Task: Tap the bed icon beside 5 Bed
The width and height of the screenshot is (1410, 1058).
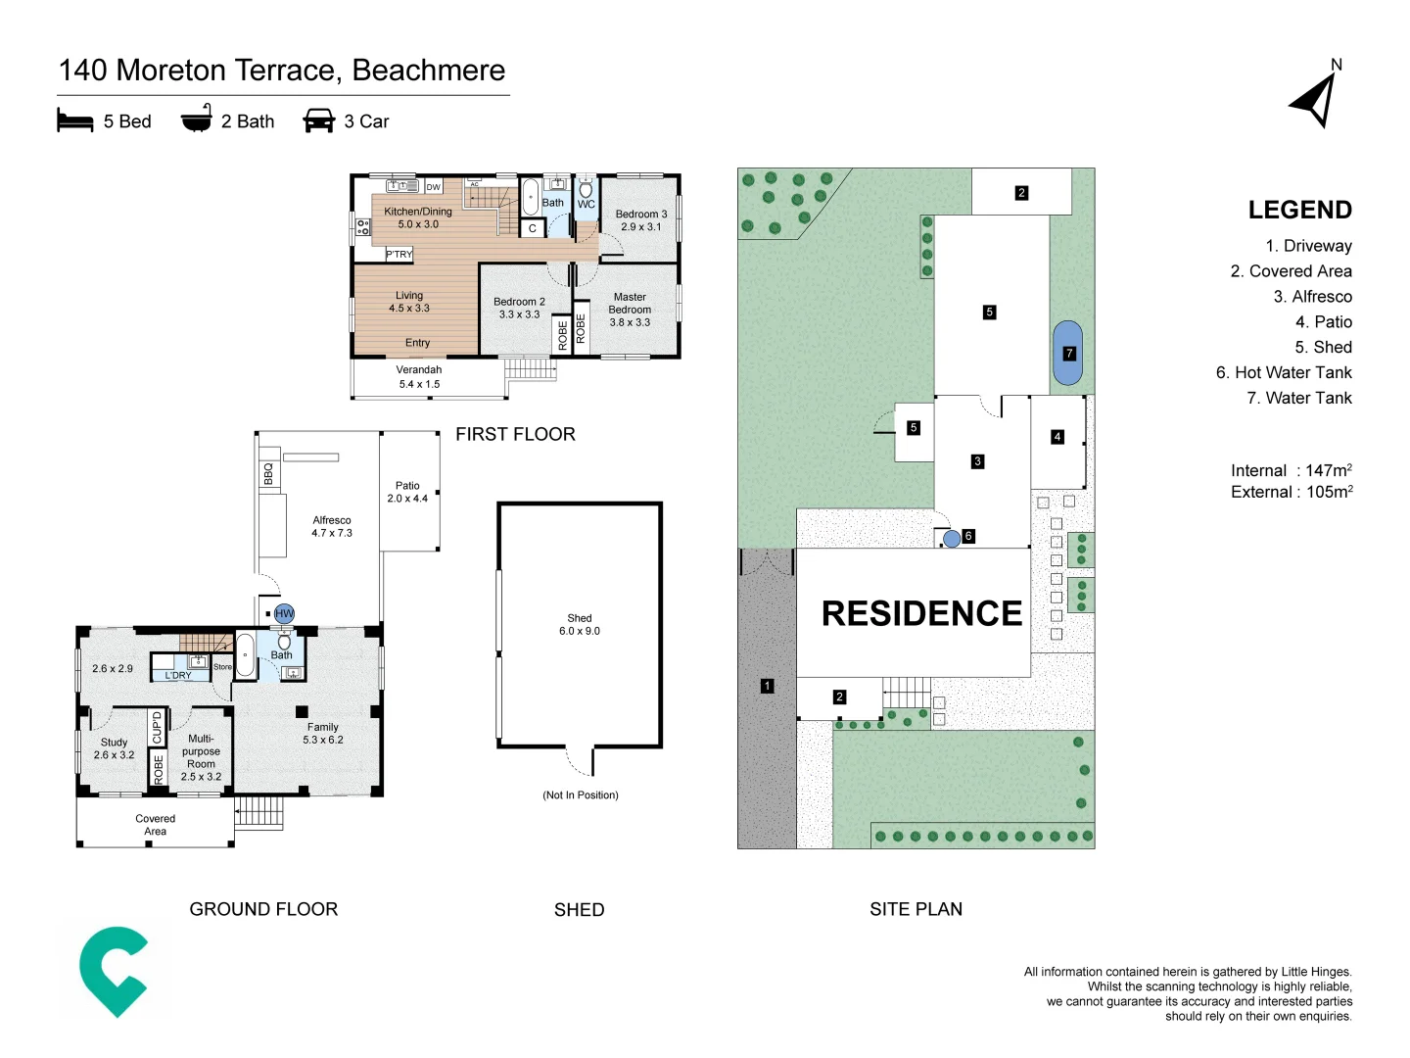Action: coord(75,121)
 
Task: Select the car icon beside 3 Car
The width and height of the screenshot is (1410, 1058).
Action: coord(319,121)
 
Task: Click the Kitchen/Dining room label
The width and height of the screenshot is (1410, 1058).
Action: coord(418,217)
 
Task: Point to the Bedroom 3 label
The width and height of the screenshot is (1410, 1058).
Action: coord(640,220)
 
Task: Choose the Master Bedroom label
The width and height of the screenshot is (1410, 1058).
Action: coord(630,310)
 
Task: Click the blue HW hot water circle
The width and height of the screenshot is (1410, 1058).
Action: coord(284,614)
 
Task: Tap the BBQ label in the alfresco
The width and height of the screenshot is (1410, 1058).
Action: coord(268,474)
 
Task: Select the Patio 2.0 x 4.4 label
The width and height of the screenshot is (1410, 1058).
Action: coord(407,492)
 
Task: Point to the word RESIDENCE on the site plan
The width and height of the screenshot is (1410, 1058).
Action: coord(921,613)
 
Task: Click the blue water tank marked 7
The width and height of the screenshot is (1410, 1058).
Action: coord(1068,353)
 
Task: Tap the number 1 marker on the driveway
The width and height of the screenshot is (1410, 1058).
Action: coord(767,687)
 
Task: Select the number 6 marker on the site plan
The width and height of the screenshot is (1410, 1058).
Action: coord(968,536)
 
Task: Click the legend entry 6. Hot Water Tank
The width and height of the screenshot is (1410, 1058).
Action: coord(1284,372)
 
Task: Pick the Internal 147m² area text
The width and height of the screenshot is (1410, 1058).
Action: coord(1291,470)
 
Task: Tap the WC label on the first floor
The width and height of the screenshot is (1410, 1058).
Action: coord(586,205)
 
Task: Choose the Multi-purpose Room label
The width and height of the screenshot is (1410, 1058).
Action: coord(201,757)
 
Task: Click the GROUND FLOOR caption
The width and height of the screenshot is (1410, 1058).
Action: coord(263,909)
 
